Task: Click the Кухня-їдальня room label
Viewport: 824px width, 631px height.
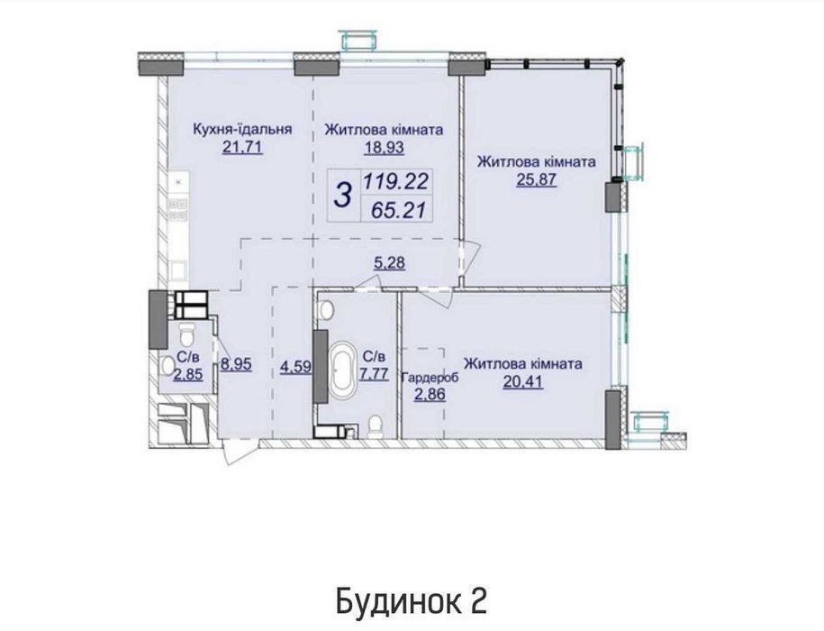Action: pos(242,129)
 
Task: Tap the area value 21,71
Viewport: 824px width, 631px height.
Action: pos(242,147)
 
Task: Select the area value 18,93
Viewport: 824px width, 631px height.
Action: pos(385,147)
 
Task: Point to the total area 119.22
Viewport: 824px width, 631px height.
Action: pos(396,182)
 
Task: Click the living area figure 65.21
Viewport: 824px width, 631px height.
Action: pos(398,210)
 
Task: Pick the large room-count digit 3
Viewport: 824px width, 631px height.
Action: pos(343,195)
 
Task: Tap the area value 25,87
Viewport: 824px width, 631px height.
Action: pos(537,180)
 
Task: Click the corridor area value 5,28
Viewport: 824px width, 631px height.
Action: pos(389,262)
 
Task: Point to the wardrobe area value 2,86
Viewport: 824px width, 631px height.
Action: pos(430,394)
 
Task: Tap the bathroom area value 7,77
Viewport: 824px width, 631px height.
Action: pos(374,374)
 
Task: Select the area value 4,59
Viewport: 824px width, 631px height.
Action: pos(296,366)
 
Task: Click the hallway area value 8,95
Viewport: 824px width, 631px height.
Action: pos(236,364)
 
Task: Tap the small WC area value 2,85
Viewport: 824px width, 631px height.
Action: pos(188,374)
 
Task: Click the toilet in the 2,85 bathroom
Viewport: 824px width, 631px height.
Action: pos(187,333)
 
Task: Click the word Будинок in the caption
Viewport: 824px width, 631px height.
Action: pos(396,601)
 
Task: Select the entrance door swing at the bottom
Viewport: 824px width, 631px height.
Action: pos(234,453)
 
